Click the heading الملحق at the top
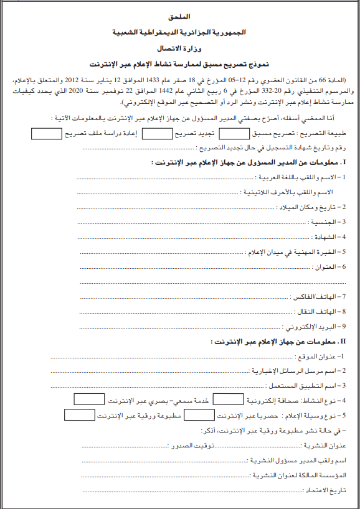[179, 14]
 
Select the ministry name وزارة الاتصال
[181, 47]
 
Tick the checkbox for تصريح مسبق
[233, 133]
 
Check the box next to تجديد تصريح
[161, 133]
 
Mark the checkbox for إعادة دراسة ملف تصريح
[44, 133]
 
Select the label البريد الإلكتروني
[316, 326]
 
